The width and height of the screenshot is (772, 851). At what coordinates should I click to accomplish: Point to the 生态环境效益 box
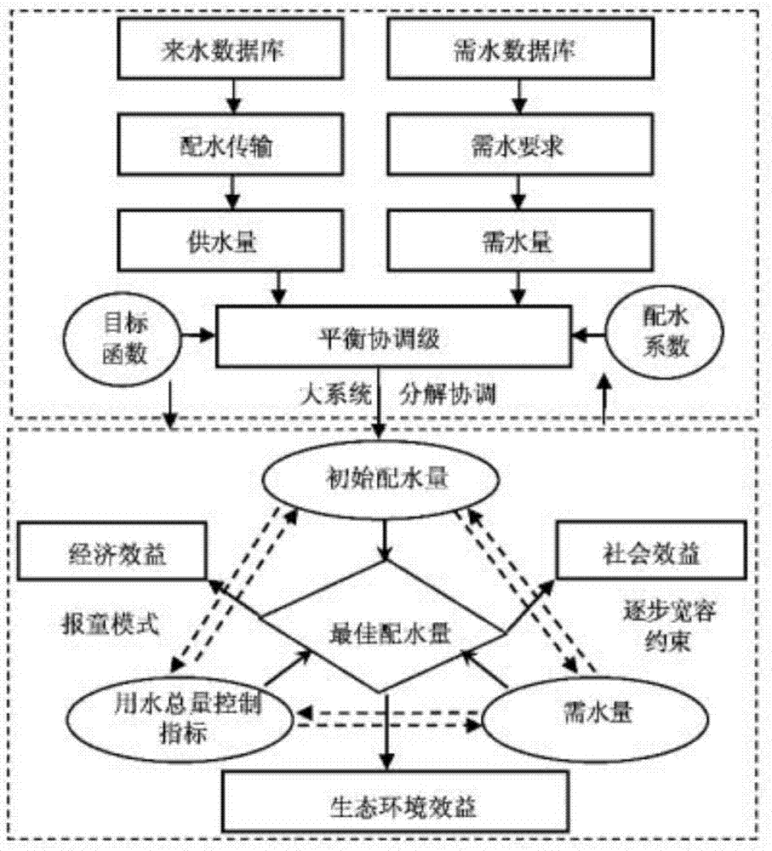coord(387,801)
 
